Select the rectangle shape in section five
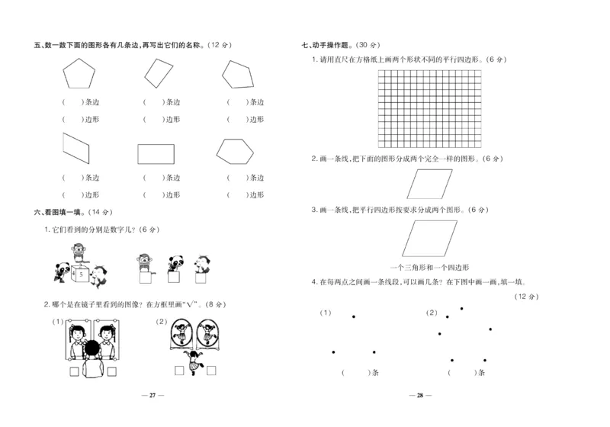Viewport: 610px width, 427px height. (x=156, y=153)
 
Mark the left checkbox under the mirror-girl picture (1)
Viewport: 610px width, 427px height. (x=74, y=372)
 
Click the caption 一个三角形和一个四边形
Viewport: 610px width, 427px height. (x=429, y=268)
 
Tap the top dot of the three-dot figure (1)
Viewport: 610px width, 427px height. (x=352, y=316)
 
